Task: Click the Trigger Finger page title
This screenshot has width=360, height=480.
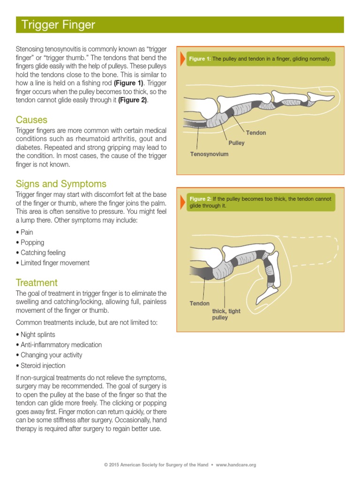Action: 56,25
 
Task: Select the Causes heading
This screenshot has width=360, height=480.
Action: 31,120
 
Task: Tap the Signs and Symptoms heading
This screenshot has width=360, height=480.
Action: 61,184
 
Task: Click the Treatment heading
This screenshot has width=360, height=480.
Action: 37,283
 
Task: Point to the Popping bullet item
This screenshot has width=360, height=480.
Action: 32,242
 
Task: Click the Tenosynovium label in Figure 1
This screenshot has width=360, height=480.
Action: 209,154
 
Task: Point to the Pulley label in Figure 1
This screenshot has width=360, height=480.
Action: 236,143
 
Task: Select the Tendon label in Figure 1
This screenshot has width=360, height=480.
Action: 256,133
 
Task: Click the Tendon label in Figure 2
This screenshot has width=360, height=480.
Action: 199,303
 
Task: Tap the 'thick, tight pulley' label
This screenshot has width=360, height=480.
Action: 226,315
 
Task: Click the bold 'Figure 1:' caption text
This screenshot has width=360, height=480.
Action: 200,59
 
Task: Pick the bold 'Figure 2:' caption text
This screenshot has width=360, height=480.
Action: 200,199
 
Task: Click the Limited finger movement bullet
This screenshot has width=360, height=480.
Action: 55,263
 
